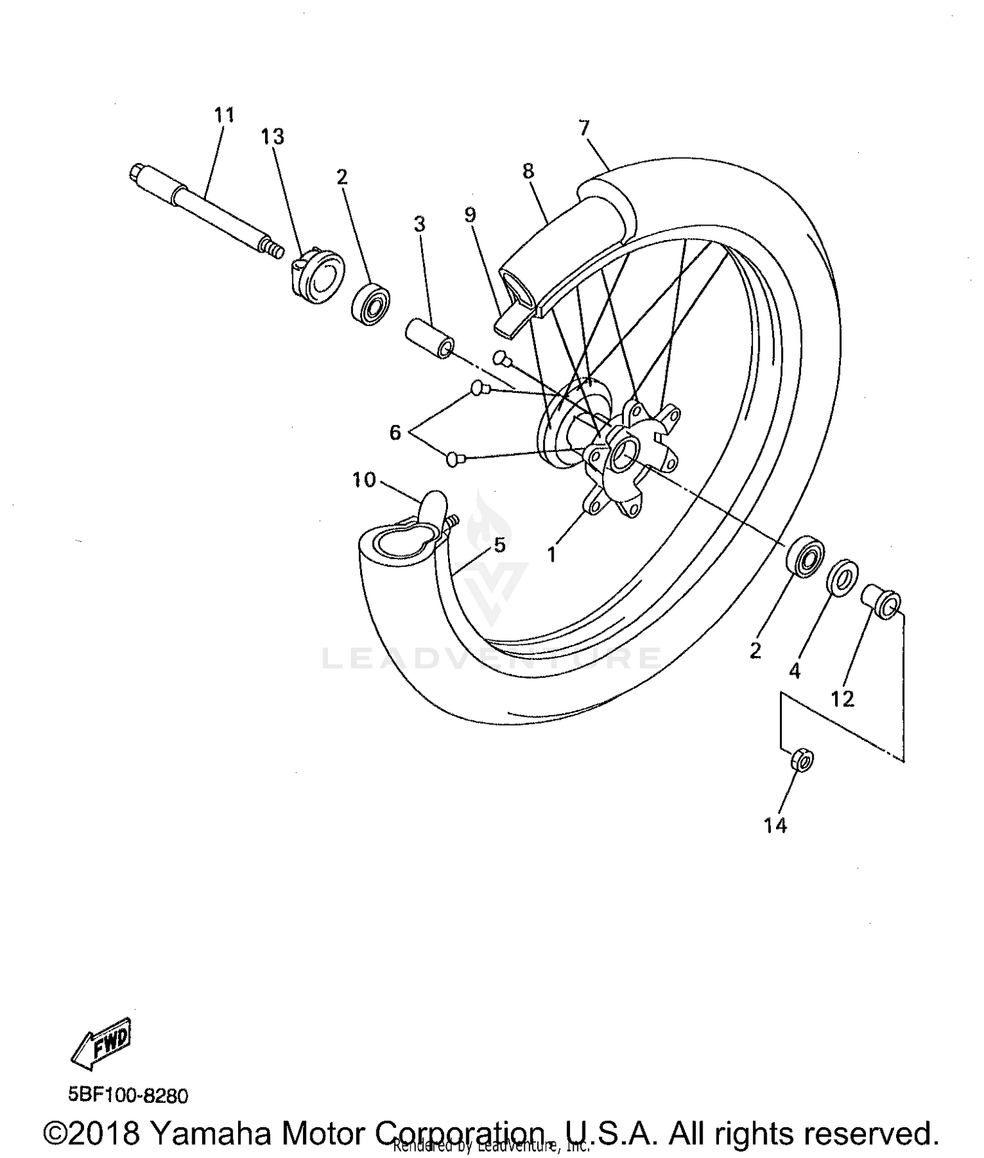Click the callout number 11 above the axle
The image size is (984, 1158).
tap(224, 115)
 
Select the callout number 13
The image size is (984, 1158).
tap(272, 137)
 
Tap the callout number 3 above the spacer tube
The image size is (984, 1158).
tap(420, 224)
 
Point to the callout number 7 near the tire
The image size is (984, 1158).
tap(584, 127)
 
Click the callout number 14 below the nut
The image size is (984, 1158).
tap(775, 825)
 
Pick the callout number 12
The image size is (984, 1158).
tap(843, 699)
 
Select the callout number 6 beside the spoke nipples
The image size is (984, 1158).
tap(395, 433)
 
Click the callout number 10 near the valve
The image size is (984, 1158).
tap(364, 480)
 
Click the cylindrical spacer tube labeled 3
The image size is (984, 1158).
tap(428, 337)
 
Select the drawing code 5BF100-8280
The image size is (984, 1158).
tap(128, 1096)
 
